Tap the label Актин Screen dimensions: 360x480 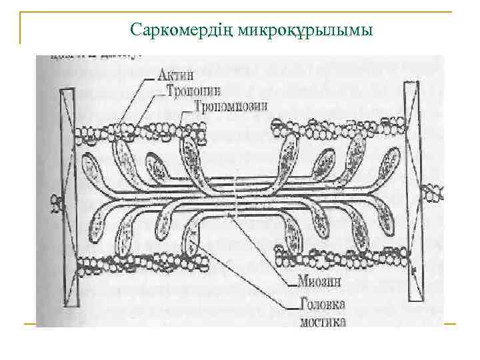pos(175,75)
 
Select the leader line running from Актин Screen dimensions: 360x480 pos(137,100)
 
